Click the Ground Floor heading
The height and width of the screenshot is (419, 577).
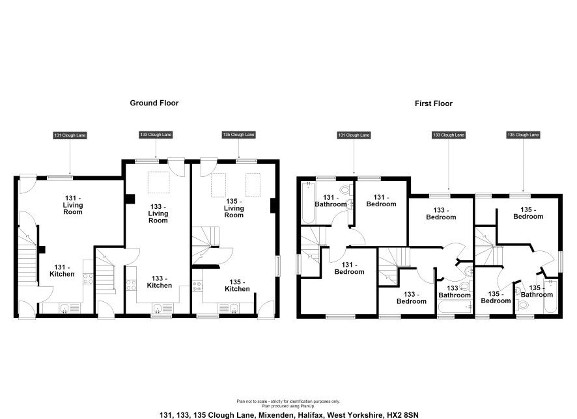(154, 103)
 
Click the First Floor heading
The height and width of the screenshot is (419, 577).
(434, 103)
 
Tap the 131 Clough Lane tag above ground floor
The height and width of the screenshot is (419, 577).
(70, 135)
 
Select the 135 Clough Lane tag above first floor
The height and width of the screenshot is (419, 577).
(523, 135)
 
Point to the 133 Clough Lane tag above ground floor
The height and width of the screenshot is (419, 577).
(156, 135)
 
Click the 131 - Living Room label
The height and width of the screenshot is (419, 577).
(73, 205)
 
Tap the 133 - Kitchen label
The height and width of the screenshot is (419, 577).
(159, 282)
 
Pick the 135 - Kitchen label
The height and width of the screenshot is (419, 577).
(237, 286)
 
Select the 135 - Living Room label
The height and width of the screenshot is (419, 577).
(234, 208)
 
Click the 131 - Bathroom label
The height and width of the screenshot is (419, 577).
(330, 200)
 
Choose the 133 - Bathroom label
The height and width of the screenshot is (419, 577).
(455, 291)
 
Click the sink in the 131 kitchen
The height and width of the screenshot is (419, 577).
(64, 308)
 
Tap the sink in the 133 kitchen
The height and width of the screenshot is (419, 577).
(158, 308)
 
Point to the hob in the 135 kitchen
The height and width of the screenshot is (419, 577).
(197, 286)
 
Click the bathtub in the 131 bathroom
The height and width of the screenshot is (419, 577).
(308, 202)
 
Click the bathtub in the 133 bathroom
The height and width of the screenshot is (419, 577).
(455, 307)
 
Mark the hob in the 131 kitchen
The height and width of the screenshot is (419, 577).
(89, 278)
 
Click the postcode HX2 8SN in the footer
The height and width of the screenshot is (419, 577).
(402, 415)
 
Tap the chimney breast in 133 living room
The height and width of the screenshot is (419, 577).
(130, 199)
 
